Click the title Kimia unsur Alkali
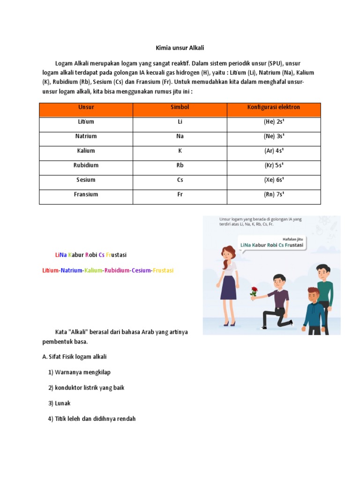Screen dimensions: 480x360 180,48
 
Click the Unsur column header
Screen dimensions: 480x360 86,107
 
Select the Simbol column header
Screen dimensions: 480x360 180,107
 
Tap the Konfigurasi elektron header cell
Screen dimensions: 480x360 274,107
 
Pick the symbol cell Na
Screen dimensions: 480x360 180,136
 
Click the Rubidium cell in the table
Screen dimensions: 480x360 86,165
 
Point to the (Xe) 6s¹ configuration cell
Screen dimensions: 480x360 274,180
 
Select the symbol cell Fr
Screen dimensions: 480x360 180,195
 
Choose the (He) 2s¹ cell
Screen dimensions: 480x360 274,122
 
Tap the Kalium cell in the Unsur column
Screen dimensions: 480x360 86,151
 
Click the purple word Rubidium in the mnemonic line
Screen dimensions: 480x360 117,271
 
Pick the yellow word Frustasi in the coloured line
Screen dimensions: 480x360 163,271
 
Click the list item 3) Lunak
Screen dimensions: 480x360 59,404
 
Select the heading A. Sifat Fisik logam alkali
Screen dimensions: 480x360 74,357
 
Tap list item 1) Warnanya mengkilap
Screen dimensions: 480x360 79,373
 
